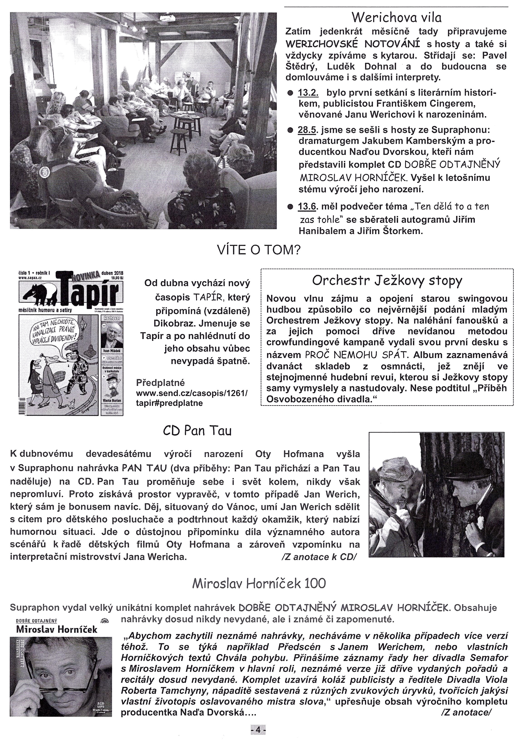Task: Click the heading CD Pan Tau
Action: click(x=197, y=431)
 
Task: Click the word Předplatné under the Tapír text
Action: click(x=161, y=383)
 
